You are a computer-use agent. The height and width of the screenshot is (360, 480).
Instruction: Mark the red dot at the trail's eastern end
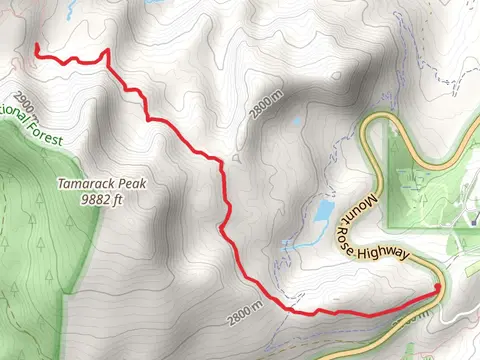click(437, 289)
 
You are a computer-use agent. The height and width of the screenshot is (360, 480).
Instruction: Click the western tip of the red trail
click(36, 46)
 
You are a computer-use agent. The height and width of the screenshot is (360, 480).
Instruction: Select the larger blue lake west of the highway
click(323, 211)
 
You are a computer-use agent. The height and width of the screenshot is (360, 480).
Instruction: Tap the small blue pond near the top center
click(296, 121)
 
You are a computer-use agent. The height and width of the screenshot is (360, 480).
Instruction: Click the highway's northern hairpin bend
click(375, 121)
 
